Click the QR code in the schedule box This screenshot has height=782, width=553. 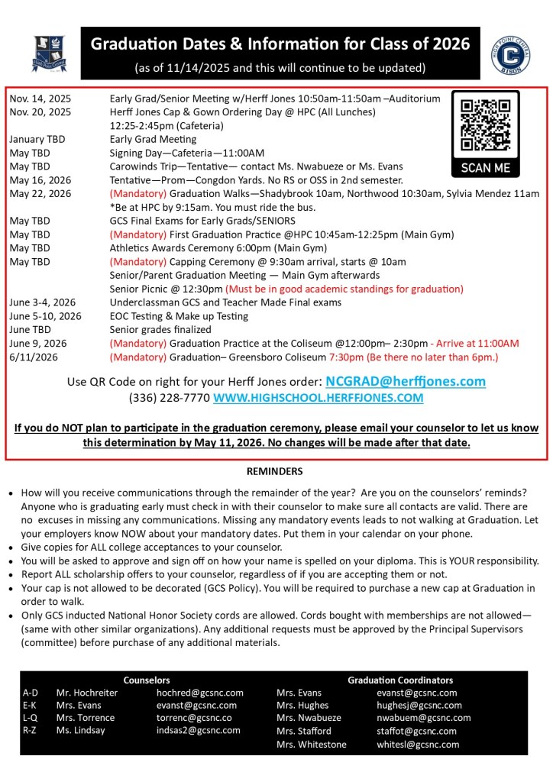tap(485, 125)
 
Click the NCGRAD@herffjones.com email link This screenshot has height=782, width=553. tap(406, 381)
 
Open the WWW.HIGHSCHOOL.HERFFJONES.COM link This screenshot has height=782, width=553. tap(318, 398)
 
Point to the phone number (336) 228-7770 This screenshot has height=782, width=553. tap(170, 398)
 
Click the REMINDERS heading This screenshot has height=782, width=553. tap(276, 471)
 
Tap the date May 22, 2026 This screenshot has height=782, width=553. tap(40, 194)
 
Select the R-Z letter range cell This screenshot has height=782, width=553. tap(31, 730)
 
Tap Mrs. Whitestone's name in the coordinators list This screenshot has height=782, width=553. tap(312, 744)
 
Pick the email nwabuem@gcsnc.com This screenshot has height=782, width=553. tap(424, 718)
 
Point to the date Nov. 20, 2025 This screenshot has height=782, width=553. tap(40, 111)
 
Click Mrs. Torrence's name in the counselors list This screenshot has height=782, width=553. tap(86, 718)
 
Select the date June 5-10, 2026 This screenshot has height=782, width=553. tap(45, 316)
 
